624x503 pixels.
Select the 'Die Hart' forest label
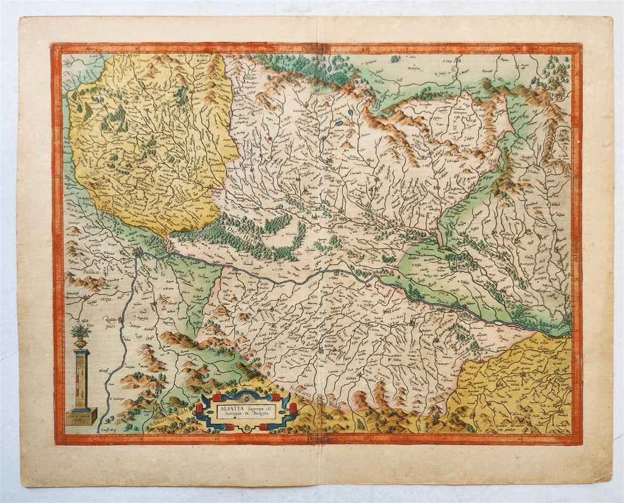click(233, 233)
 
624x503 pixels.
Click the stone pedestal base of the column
click(81, 417)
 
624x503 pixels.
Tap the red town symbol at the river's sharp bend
click(138, 253)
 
